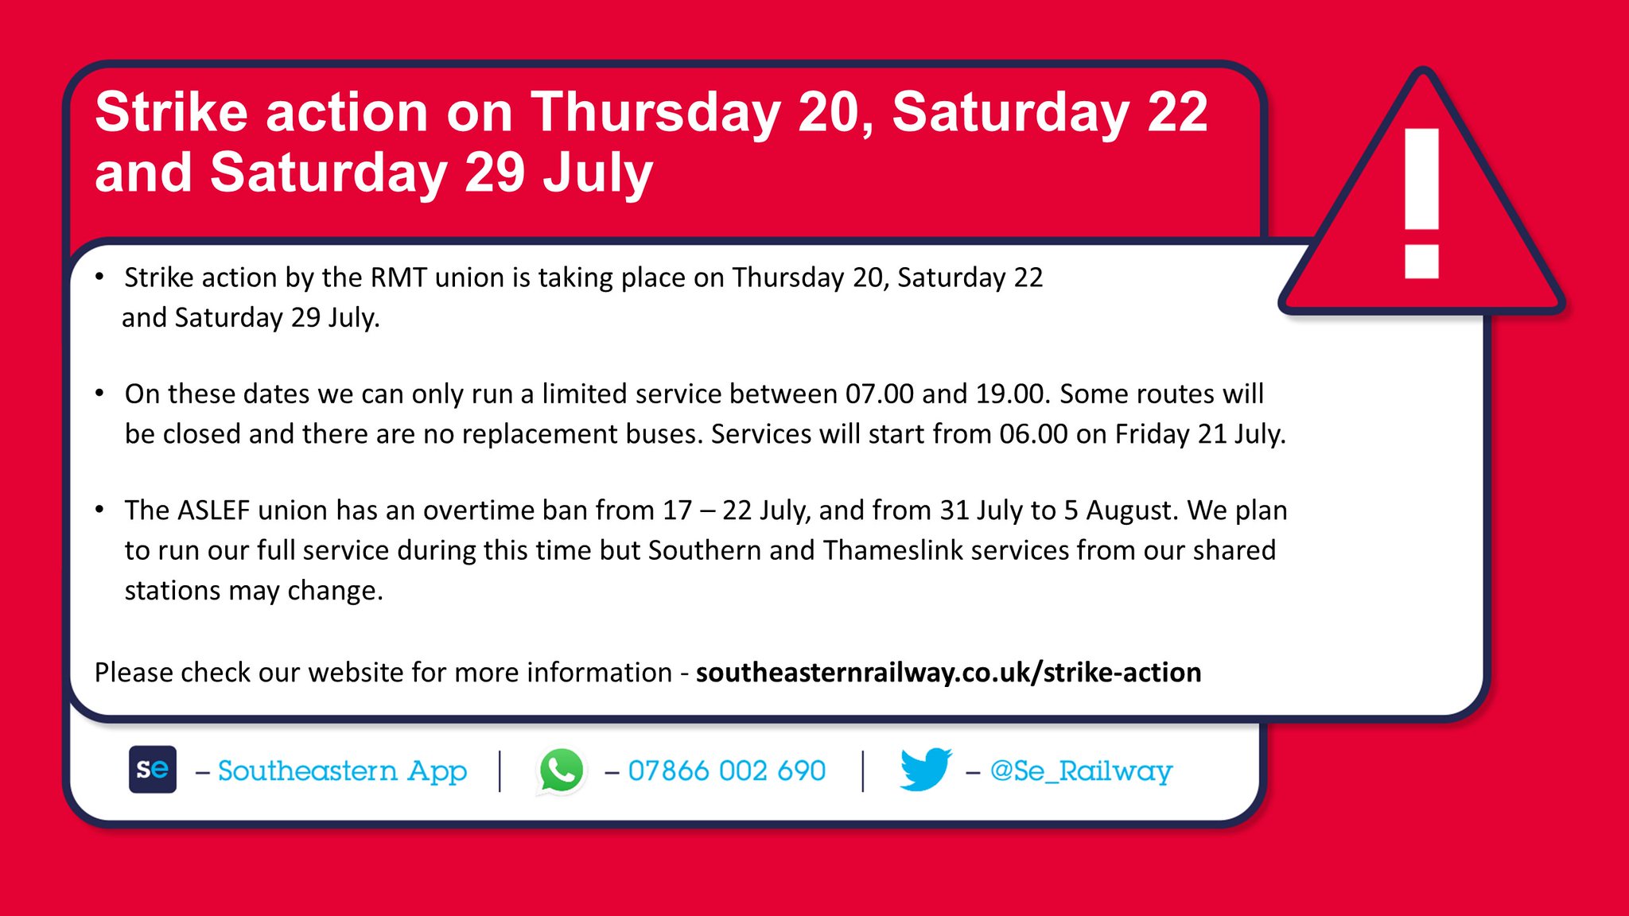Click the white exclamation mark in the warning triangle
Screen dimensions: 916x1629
(x=1421, y=203)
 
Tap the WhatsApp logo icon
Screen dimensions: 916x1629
(x=562, y=770)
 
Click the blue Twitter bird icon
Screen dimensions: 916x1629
(x=925, y=769)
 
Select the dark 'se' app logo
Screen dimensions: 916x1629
(x=153, y=769)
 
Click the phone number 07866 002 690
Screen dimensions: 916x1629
(x=726, y=770)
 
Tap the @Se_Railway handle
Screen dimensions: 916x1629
(x=1081, y=770)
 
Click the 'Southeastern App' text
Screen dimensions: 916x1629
(x=342, y=770)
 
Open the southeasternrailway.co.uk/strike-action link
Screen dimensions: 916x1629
(x=948, y=673)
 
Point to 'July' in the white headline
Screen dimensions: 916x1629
(x=597, y=173)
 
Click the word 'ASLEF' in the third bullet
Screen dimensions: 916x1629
(x=213, y=510)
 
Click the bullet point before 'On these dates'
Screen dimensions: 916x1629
(x=99, y=393)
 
